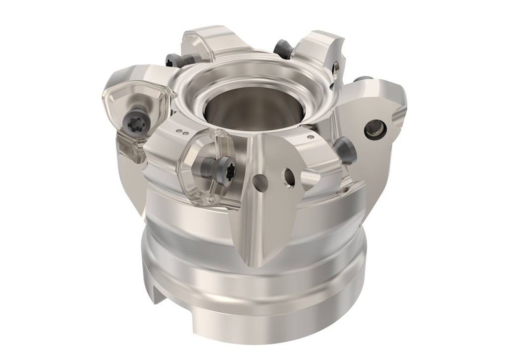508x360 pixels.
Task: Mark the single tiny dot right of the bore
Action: [x=311, y=137]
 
